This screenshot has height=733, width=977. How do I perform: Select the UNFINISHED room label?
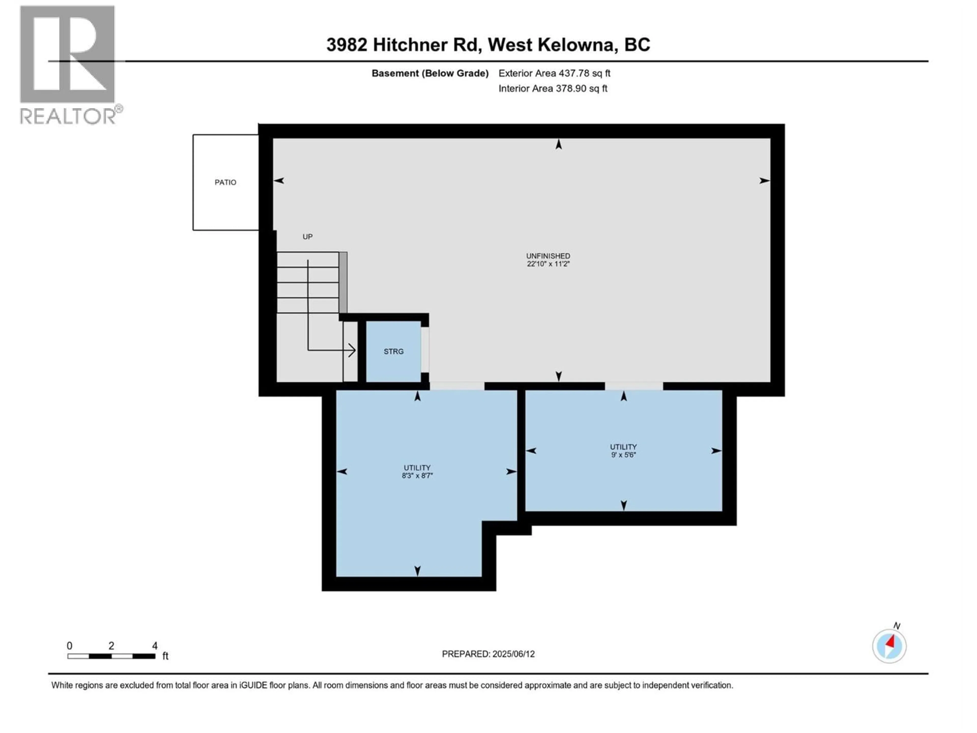click(548, 256)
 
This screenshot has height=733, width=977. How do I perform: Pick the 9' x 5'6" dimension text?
click(623, 455)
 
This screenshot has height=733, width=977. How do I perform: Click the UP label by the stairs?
click(307, 237)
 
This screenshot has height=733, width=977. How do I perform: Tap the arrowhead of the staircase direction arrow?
click(352, 350)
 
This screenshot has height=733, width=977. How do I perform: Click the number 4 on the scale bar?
click(155, 645)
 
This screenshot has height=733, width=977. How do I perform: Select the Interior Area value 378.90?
click(571, 88)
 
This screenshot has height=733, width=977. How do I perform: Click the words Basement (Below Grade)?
click(430, 73)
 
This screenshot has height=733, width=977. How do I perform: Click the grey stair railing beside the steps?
click(343, 283)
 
